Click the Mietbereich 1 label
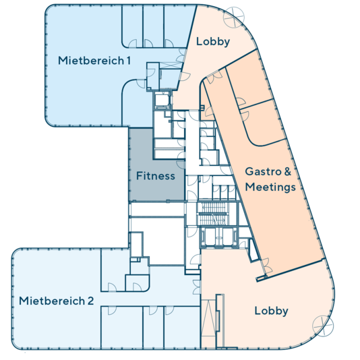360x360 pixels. [x=94, y=61]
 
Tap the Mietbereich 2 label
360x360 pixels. [x=57, y=301]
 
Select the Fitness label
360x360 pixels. [x=156, y=176]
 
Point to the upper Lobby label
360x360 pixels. [x=213, y=42]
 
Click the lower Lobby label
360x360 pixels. [x=272, y=311]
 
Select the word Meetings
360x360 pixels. [x=270, y=187]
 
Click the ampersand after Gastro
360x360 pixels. [x=287, y=171]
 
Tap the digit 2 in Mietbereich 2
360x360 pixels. [x=91, y=301]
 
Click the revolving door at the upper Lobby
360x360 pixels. [x=234, y=18]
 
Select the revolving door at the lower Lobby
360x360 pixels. [x=323, y=326]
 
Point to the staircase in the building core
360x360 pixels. [x=213, y=214]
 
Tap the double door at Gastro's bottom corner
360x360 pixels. [x=266, y=266]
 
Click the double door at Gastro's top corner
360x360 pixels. [x=214, y=76]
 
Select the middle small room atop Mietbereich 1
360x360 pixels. [x=153, y=26]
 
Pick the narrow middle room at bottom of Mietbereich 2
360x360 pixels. [x=153, y=327]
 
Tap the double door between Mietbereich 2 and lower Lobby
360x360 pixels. [x=197, y=287]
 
